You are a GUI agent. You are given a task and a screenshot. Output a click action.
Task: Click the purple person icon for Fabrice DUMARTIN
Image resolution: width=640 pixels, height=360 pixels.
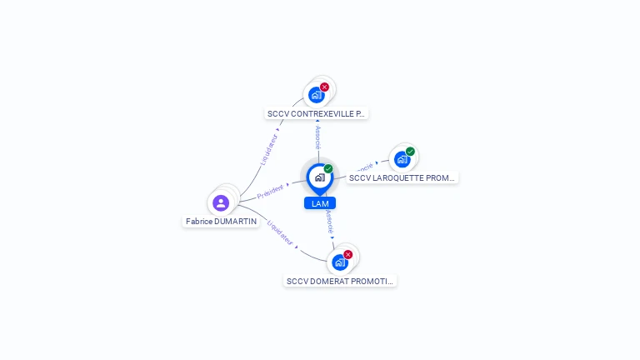[x=221, y=202]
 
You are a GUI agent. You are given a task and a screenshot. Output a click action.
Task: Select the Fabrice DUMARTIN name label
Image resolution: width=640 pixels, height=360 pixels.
[x=222, y=222]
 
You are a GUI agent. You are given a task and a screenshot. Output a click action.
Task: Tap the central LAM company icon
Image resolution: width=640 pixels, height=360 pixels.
[x=318, y=177]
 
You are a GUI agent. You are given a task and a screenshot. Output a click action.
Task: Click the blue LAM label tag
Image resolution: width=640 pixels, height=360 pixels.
[x=319, y=203]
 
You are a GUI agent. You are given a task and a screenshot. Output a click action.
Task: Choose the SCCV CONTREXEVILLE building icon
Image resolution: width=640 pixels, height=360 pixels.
[x=316, y=95]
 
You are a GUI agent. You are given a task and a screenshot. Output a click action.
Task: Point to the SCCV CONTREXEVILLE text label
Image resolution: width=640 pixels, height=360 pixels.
[x=316, y=113]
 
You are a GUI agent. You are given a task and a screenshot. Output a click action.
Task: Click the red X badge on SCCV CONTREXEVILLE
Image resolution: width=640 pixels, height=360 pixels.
[x=324, y=87]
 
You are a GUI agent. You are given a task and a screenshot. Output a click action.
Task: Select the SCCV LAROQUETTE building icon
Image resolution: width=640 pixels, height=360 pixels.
[x=402, y=159]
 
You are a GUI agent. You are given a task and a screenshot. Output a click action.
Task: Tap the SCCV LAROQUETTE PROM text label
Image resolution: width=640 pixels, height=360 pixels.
[x=402, y=178]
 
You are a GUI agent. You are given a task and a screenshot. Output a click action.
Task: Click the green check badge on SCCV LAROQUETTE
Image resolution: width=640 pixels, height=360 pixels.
[x=410, y=152]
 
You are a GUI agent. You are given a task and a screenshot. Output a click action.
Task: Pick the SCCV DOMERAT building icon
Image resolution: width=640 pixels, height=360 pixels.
[x=339, y=262]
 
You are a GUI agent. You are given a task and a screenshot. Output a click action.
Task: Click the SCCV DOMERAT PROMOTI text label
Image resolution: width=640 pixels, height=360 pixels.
[x=339, y=282]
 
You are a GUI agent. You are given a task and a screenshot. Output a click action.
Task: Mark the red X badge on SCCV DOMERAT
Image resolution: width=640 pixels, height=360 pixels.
[x=347, y=255]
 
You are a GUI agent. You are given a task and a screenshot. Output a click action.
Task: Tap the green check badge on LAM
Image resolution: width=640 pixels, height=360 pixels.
[x=328, y=169]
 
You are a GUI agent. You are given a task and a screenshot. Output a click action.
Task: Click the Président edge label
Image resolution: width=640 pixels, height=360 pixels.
[x=271, y=192]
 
